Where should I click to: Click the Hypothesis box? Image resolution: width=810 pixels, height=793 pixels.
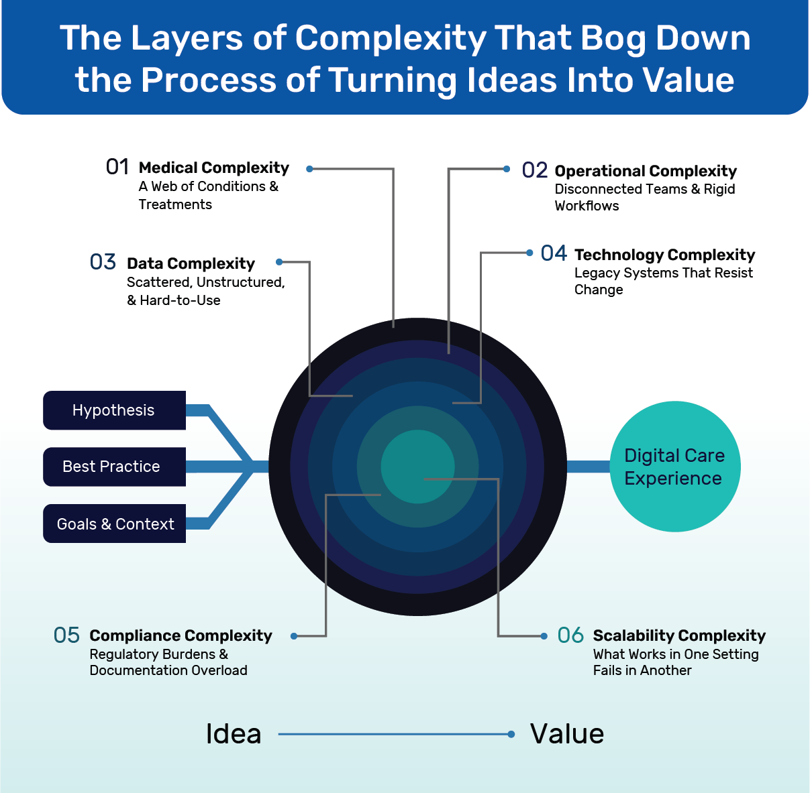114,410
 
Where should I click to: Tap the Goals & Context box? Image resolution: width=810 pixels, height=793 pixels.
115,524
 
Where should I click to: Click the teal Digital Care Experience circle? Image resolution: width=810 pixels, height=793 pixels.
674,467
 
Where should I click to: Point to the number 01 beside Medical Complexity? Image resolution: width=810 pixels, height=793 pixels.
117,167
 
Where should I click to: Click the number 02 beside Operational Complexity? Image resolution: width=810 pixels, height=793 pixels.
535,170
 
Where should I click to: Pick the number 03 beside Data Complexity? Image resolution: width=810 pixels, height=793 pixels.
103,262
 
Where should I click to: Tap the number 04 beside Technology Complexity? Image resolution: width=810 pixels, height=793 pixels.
554,253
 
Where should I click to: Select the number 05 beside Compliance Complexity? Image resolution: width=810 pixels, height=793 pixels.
66,635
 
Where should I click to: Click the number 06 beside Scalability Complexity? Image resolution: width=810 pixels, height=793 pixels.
570,635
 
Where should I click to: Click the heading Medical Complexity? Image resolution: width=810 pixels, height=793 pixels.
213,168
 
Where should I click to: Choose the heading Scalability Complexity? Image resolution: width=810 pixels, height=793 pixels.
679,635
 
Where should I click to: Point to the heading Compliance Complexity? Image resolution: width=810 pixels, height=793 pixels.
181,635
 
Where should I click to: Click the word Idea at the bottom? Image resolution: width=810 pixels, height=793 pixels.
234,734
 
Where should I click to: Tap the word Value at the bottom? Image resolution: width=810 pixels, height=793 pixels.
567,734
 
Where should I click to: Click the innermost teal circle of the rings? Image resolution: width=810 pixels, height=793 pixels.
417,466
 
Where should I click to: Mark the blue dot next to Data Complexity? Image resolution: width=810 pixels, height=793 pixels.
280,262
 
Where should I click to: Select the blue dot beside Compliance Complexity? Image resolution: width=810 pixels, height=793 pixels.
294,635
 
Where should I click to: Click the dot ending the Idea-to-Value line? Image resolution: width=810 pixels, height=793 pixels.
511,734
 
